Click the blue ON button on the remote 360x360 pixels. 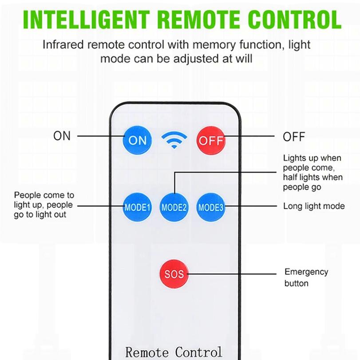point(137,140)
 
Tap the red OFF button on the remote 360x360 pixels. point(211,140)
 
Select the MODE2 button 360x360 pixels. point(174,207)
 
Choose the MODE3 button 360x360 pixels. point(211,207)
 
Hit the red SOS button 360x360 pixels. point(174,273)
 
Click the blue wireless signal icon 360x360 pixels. point(174,140)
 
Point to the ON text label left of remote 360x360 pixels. point(62,136)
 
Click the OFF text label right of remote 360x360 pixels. point(294,137)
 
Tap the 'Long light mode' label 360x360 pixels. point(314,206)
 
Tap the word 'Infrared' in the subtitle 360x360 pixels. point(62,45)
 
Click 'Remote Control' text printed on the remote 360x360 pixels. point(174,352)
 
